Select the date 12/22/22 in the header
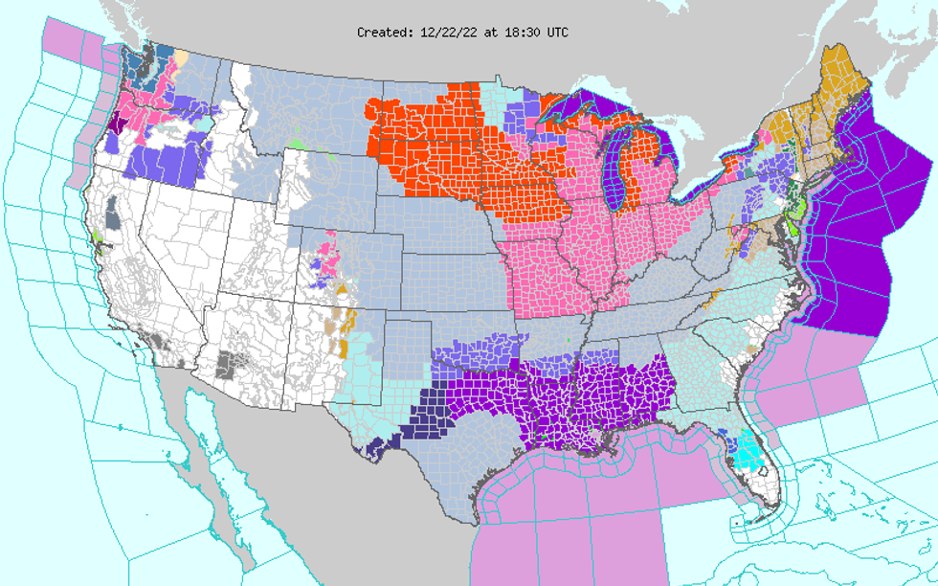pos(451,33)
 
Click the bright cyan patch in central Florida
pos(750,447)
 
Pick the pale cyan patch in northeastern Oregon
pos(205,125)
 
